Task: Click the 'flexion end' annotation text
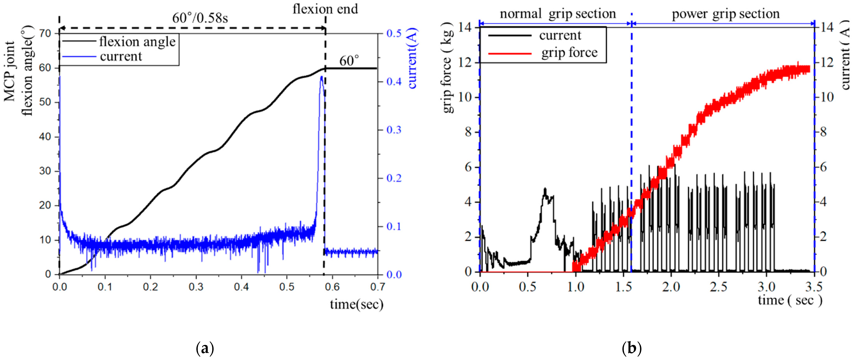pyautogui.click(x=325, y=9)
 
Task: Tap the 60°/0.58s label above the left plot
pyautogui.click(x=200, y=18)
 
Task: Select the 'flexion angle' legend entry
pyautogui.click(x=137, y=42)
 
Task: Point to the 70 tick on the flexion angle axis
pyautogui.click(x=45, y=33)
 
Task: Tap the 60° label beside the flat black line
pyautogui.click(x=349, y=61)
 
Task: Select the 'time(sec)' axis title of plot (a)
pyautogui.click(x=357, y=304)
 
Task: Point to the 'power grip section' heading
pyautogui.click(x=726, y=14)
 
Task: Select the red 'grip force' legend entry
pyautogui.click(x=569, y=53)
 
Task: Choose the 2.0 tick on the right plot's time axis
pyautogui.click(x=671, y=287)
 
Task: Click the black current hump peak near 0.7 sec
pyautogui.click(x=545, y=189)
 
